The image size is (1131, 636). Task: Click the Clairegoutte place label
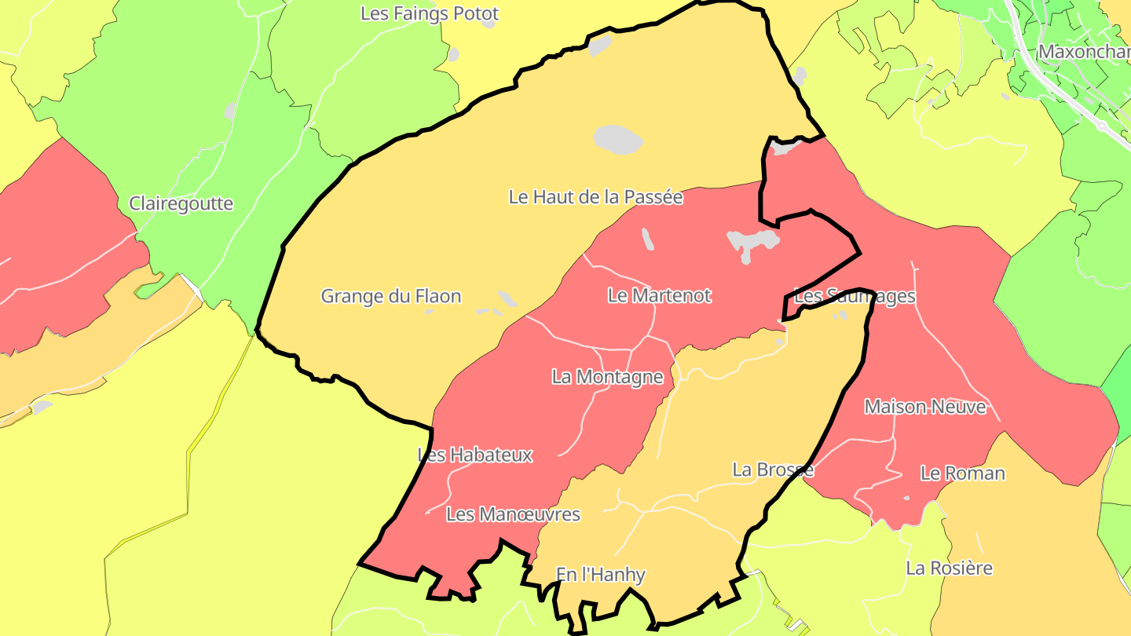click(181, 204)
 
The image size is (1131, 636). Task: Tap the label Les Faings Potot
click(430, 14)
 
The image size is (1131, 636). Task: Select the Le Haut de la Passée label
click(595, 197)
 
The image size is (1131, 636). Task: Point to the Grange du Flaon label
click(390, 297)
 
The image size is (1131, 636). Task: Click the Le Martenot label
click(659, 296)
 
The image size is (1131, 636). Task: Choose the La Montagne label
click(607, 378)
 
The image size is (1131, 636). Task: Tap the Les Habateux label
click(475, 455)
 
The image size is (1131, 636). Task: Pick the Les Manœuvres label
click(513, 515)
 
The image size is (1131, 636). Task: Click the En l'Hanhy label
click(600, 576)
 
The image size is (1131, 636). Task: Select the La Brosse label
click(773, 470)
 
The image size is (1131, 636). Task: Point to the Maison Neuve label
click(924, 408)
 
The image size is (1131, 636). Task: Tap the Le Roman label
click(962, 473)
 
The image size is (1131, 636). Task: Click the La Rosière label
click(949, 568)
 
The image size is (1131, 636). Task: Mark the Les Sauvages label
click(855, 297)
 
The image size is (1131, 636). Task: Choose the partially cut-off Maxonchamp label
click(1084, 52)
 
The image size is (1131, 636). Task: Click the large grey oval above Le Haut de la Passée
click(617, 140)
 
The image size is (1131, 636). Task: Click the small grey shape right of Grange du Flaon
click(507, 298)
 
